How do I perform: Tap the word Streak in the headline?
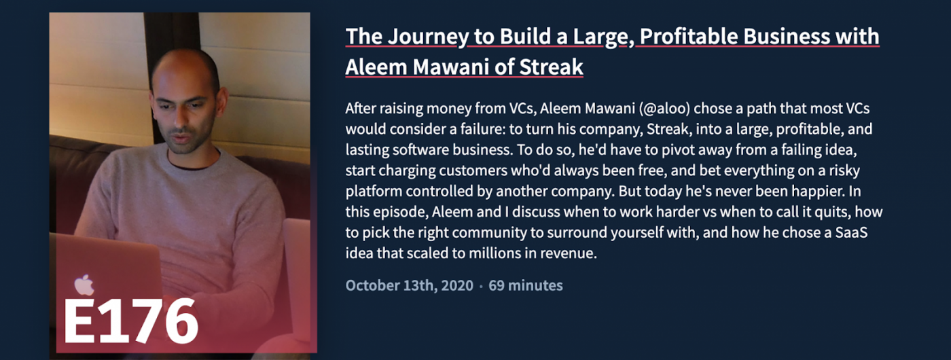click(552, 67)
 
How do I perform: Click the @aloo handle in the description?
click(664, 109)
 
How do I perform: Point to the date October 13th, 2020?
click(409, 285)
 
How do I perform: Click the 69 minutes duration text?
click(526, 285)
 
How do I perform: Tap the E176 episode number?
click(130, 321)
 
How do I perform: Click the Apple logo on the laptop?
click(84, 285)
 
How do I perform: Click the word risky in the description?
click(842, 170)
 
